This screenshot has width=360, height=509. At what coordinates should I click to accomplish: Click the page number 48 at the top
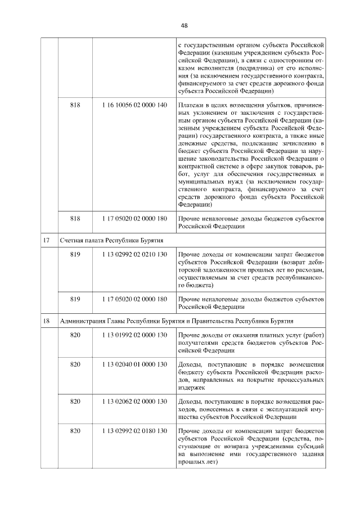tap(184, 25)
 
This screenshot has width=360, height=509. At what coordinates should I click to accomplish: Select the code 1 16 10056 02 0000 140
tap(134, 105)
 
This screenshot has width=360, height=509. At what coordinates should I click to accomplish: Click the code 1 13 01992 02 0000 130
tap(134, 335)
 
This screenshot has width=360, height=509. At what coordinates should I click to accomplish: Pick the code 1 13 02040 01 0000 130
tap(134, 365)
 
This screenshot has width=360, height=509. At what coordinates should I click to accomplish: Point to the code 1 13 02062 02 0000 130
tap(134, 401)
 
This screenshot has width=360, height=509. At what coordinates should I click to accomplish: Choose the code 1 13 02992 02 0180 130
tap(134, 430)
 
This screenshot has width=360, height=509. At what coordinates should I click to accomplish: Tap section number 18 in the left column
tap(48, 321)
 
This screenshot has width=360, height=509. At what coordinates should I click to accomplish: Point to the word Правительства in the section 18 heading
tap(250, 321)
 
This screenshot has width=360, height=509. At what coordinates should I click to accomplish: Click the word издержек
tap(192, 388)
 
